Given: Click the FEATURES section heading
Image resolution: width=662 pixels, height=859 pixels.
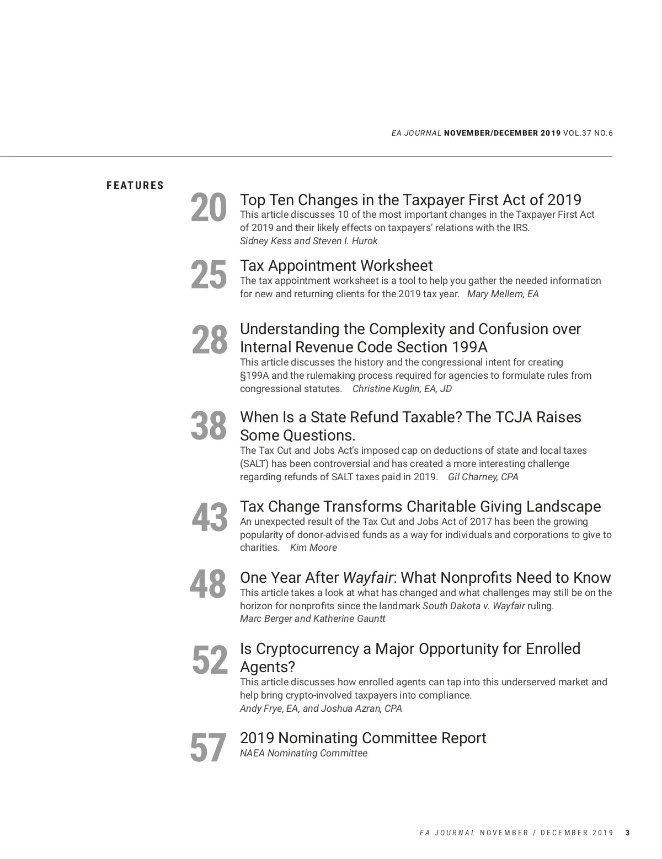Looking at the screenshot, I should point(135,186).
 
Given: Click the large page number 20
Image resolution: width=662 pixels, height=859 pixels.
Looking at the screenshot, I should point(209,208).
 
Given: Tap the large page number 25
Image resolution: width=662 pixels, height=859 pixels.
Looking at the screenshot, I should point(209,275).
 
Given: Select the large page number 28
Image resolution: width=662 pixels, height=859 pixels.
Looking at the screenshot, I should point(209,340).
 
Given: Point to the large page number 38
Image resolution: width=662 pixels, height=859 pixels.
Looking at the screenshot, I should point(209,426).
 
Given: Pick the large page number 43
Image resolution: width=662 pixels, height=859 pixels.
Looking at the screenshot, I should point(209,518).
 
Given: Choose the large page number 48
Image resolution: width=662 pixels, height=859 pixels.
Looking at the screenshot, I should point(208,584).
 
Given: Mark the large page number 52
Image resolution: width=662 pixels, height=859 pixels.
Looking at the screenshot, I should point(210,661).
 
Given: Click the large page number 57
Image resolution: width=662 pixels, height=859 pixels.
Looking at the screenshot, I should point(208,748).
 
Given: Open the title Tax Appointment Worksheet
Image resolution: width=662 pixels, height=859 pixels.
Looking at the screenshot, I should point(336,266).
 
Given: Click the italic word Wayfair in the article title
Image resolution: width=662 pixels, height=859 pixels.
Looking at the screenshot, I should point(368,578).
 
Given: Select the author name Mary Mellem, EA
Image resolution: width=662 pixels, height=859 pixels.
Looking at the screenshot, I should point(503,294).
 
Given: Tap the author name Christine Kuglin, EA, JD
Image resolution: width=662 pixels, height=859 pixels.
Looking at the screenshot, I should point(402,389).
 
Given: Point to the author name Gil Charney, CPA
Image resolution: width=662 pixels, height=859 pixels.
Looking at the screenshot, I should point(483,477).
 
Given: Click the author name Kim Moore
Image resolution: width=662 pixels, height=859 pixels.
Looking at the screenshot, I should point(313,547).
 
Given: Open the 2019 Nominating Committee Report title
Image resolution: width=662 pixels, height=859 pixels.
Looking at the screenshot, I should point(363,738).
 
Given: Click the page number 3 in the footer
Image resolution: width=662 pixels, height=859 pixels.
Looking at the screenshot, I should point(627,833).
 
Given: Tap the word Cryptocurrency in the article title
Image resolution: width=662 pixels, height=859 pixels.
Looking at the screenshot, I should point(308,649).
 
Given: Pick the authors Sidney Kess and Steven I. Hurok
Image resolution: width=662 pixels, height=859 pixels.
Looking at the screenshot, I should point(308,241).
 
